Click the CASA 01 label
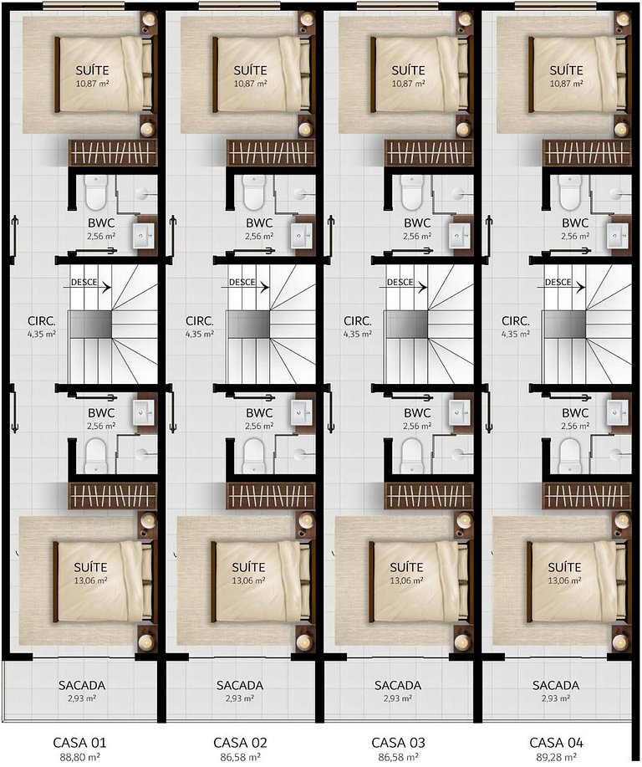pyautogui.click(x=79, y=743)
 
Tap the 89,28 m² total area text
pyautogui.click(x=556, y=758)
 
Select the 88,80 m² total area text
pyautogui.click(x=80, y=758)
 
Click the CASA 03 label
pyautogui.click(x=398, y=743)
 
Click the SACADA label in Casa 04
pyautogui.click(x=556, y=685)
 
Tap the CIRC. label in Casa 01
pyautogui.click(x=42, y=321)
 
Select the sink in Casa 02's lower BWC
pyautogui.click(x=301, y=413)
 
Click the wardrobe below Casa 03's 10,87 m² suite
pyautogui.click(x=429, y=152)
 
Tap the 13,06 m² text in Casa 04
pyautogui.click(x=564, y=580)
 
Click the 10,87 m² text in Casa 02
pyautogui.click(x=250, y=84)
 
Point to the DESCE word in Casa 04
pyautogui.click(x=558, y=282)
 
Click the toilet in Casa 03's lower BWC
pyautogui.click(x=411, y=456)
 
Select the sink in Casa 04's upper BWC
pyautogui.click(x=617, y=236)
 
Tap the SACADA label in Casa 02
pyautogui.click(x=240, y=685)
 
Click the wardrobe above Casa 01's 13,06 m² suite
pyautogui.click(x=113, y=495)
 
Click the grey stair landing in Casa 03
pyautogui.click(x=407, y=324)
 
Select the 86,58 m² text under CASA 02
pyautogui.click(x=240, y=758)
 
